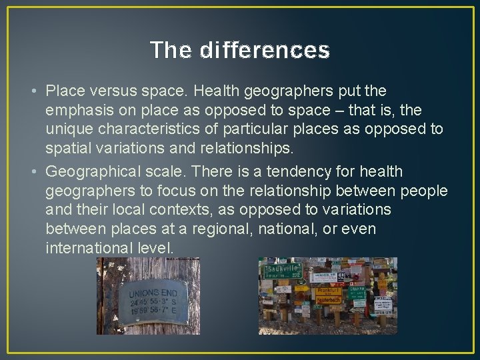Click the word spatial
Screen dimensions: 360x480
[x=69, y=147]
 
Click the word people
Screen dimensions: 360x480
[x=425, y=191]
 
